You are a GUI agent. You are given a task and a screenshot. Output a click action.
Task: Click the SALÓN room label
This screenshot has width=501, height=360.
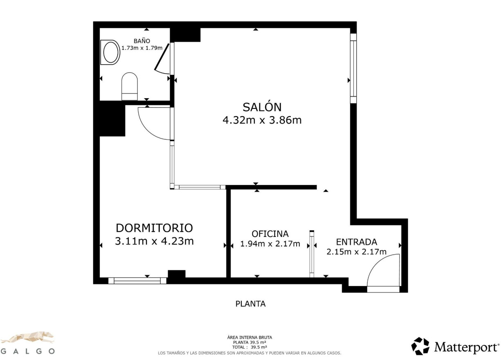click(262, 107)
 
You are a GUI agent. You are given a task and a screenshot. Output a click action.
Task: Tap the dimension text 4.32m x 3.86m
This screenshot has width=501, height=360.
click(262, 120)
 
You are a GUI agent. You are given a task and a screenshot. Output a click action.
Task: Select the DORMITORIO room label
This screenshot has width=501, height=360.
click(154, 228)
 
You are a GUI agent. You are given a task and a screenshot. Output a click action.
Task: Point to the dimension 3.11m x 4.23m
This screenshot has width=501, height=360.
click(154, 241)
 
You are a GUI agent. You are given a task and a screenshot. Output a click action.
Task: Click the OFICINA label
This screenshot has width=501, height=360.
click(270, 234)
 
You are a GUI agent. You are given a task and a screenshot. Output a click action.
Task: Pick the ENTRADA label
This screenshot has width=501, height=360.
click(356, 242)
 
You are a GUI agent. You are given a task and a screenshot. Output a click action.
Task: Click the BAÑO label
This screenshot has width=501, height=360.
click(142, 41)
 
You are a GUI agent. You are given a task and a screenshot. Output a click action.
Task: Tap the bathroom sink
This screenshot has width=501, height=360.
click(110, 52)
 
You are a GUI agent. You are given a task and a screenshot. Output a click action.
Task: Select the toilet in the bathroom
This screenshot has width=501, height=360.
click(130, 86)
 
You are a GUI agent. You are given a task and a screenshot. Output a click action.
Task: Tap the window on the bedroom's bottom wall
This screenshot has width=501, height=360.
click(137, 281)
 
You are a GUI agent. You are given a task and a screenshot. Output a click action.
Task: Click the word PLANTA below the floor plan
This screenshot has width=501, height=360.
click(250, 304)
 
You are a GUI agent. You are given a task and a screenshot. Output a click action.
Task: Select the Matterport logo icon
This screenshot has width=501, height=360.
click(420, 346)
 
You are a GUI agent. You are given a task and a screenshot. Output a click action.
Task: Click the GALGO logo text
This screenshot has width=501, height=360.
click(28, 351)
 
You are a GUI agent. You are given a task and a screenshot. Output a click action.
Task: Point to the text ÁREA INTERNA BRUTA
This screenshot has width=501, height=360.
click(249, 337)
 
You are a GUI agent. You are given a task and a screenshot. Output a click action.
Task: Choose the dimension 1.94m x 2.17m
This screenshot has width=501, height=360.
click(270, 244)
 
